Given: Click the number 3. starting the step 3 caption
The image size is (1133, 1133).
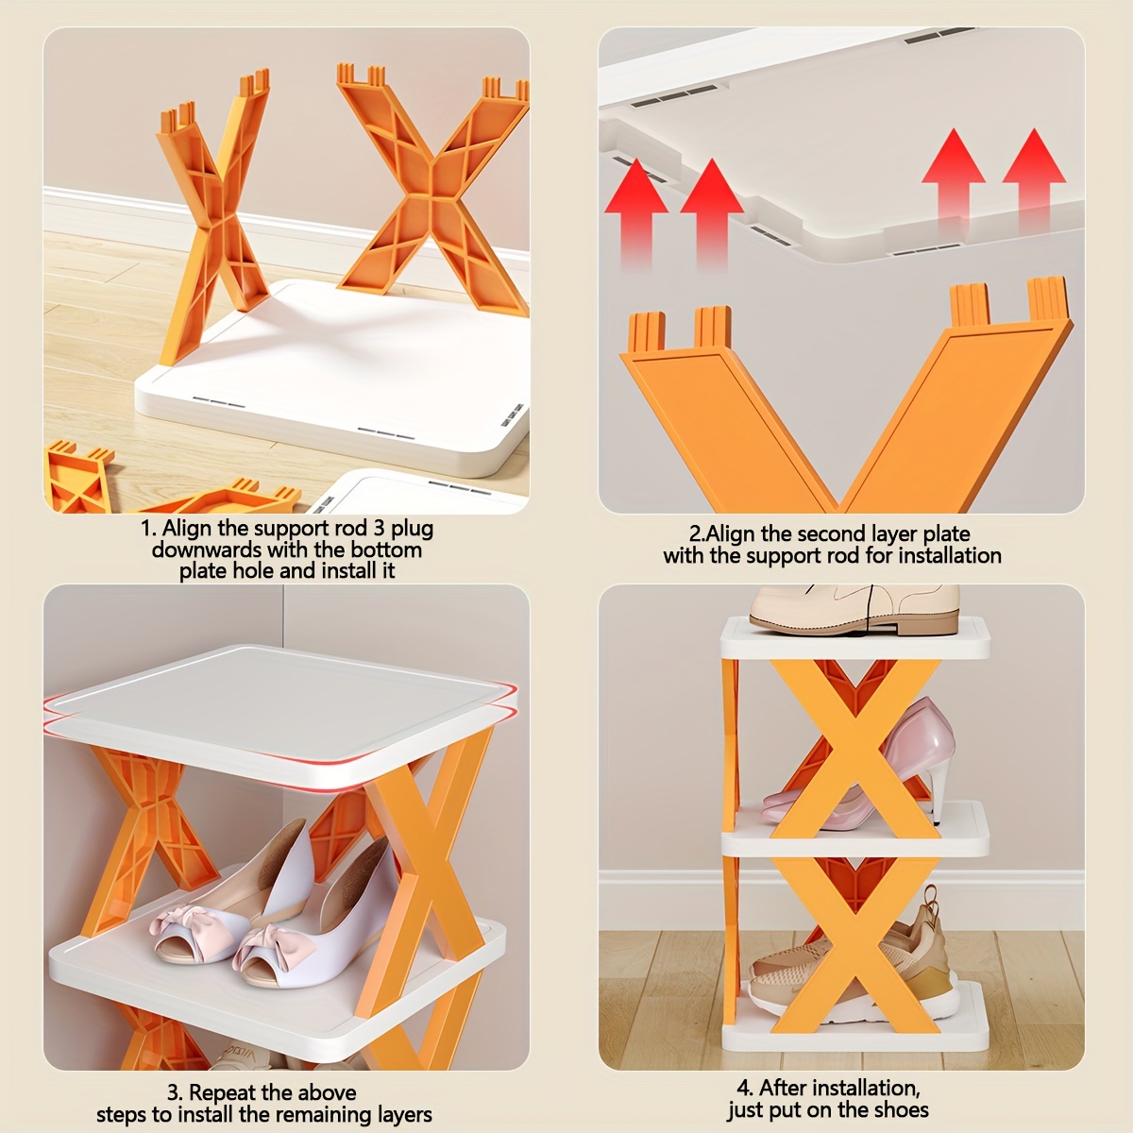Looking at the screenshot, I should [x=175, y=1093].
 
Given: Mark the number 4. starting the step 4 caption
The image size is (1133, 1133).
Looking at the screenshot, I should [x=745, y=1089].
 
